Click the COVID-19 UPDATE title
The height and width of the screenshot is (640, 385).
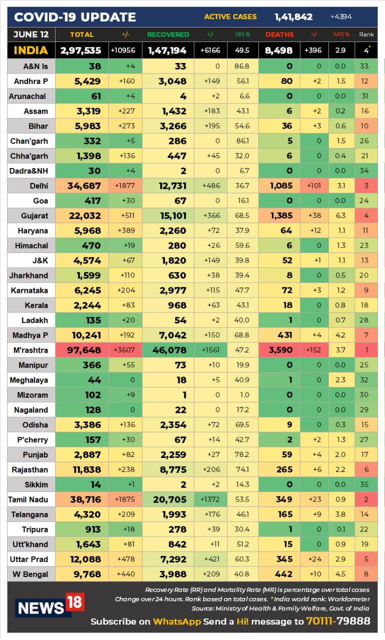[75, 17]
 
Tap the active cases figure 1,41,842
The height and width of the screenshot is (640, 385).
[293, 17]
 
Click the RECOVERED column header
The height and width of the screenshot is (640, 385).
[168, 34]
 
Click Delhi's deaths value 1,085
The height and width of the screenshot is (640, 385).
[281, 185]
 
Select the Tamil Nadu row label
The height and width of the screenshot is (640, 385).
[28, 499]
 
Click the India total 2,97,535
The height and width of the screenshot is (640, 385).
[81, 50]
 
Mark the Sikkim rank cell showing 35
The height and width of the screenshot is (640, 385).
[364, 484]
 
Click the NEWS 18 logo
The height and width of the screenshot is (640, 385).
[49, 605]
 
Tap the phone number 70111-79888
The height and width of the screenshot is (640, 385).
[339, 621]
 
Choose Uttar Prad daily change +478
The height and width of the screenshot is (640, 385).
[125, 559]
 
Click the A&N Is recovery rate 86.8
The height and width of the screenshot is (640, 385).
[242, 66]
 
